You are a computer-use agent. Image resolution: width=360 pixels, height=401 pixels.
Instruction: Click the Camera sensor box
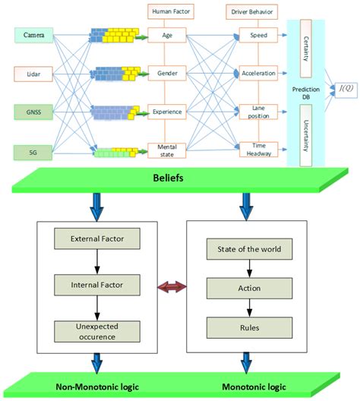point(34,36)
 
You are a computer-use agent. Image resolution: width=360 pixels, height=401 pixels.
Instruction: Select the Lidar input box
point(34,74)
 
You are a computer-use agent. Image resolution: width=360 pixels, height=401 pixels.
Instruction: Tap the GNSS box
point(34,112)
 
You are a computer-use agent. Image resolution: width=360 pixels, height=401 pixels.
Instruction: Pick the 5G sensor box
point(34,152)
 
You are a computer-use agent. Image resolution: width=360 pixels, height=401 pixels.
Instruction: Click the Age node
point(167,36)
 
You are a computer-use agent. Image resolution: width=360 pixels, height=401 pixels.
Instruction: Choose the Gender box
point(167,74)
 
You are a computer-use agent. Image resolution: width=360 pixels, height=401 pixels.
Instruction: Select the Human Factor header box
point(167,11)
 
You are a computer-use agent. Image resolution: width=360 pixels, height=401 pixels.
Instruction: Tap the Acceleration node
point(260,74)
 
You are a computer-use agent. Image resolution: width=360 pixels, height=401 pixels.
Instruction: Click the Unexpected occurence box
point(96,330)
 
